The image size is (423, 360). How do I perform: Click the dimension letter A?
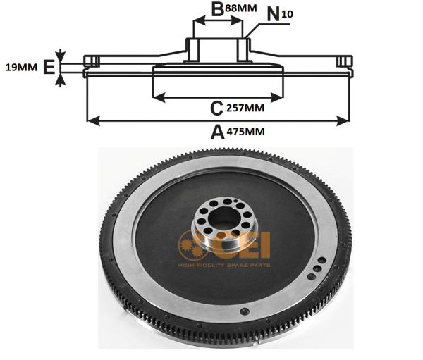pyautogui.click(x=217, y=132)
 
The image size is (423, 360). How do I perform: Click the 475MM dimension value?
pyautogui.click(x=245, y=132)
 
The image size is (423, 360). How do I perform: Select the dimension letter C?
pyautogui.click(x=216, y=108)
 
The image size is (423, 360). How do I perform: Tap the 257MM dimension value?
pyautogui.click(x=245, y=108)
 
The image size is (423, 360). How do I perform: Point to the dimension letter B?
pyautogui.click(x=217, y=9)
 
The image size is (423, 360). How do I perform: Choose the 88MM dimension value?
pyautogui.click(x=241, y=8)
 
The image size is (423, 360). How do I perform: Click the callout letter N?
pyautogui.click(x=274, y=14)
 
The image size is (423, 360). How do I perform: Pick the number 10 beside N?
pyautogui.click(x=287, y=14)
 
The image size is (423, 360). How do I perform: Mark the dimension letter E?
pyautogui.click(x=49, y=67)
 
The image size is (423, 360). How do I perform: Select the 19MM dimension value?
pyautogui.click(x=21, y=68)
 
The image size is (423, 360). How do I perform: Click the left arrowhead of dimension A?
pyautogui.click(x=94, y=121)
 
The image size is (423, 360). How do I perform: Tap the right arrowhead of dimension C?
pyautogui.click(x=276, y=98)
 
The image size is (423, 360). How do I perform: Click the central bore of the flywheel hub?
pyautogui.click(x=222, y=216)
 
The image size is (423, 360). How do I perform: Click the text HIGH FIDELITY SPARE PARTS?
pyautogui.click(x=224, y=266)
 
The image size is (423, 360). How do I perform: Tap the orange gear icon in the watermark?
pyautogui.click(x=192, y=245)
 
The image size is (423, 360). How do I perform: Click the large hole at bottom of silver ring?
pyautogui.click(x=245, y=311)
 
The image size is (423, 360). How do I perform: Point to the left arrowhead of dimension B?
pyautogui.click(x=200, y=20)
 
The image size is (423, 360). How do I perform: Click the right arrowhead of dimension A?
pyautogui.click(x=343, y=121)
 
